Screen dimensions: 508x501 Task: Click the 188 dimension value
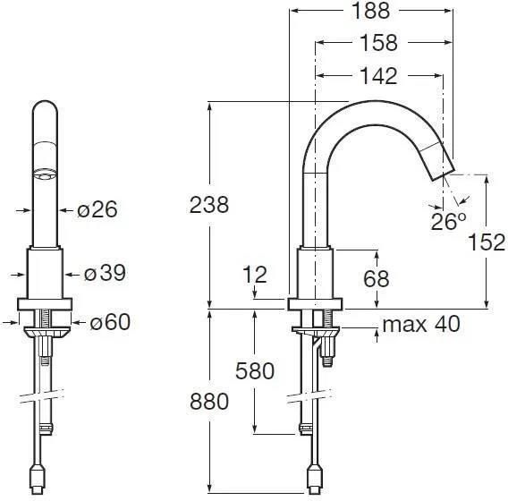point(370,11)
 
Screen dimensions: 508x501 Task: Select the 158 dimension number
point(378,42)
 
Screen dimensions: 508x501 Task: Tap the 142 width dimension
point(378,76)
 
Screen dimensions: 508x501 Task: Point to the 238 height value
point(209,205)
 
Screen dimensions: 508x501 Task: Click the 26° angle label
point(448,221)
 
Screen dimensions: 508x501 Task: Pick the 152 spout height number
point(487,242)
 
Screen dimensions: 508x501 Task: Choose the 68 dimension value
point(376,278)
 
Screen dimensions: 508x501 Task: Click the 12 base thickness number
point(255,275)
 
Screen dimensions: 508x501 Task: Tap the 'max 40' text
point(421,324)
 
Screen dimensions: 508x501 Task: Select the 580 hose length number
point(255,371)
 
